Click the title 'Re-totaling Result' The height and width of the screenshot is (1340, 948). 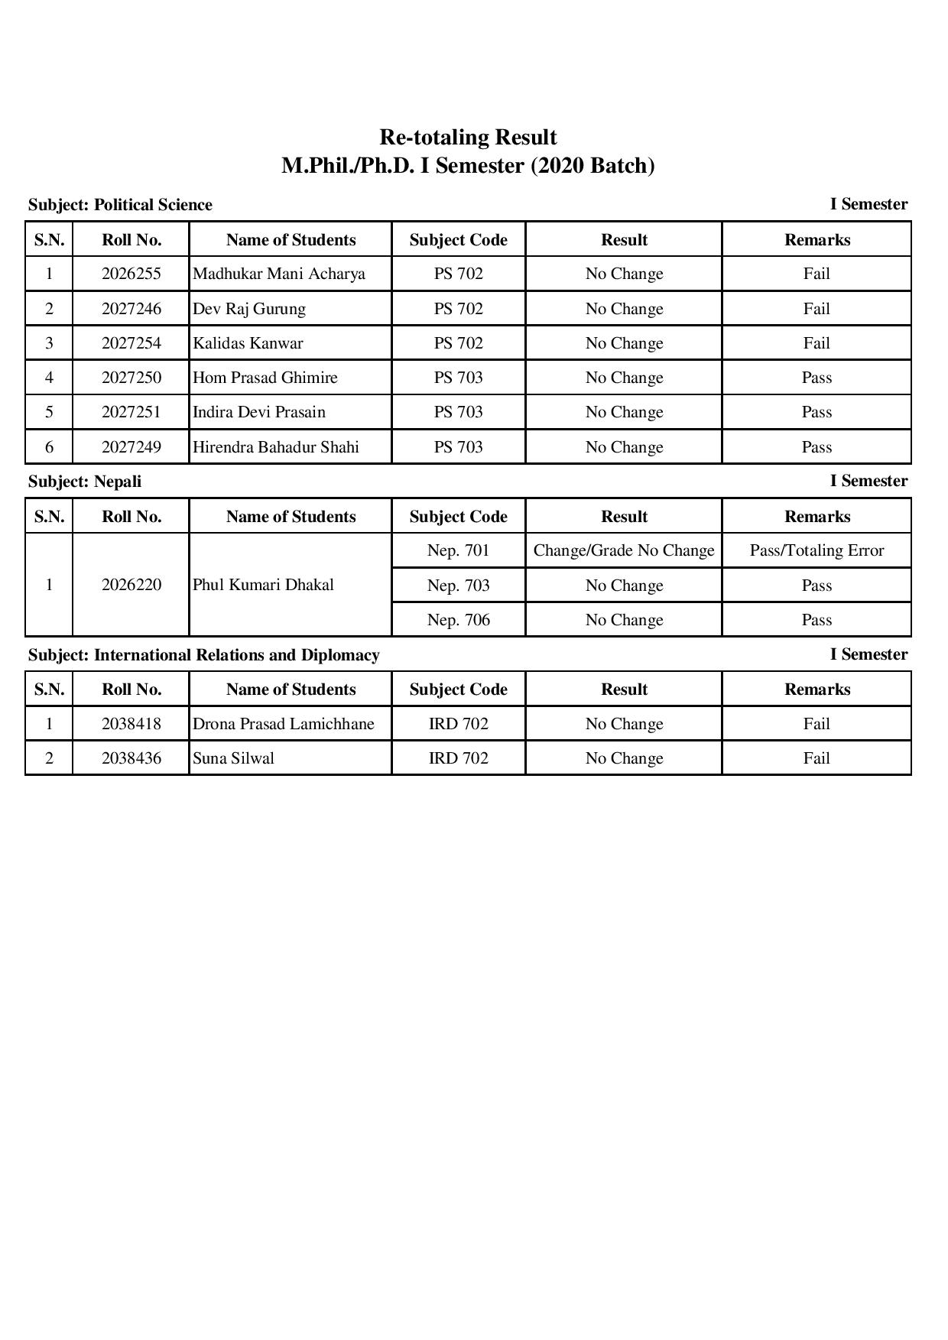point(468,138)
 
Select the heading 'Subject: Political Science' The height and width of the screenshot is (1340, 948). point(120,205)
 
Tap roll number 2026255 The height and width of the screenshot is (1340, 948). point(131,274)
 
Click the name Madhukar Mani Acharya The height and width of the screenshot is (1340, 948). point(278,274)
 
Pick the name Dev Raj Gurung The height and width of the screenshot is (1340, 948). point(249,309)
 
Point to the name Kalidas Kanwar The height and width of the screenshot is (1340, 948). point(248,343)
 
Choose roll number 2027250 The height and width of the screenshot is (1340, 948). point(131,378)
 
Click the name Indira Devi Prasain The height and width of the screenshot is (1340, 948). point(259,412)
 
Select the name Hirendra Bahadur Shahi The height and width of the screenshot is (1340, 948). point(276,447)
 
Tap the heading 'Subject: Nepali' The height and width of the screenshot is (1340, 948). point(85,482)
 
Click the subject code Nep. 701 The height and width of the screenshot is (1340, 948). point(458,550)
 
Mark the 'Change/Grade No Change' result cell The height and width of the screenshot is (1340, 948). point(624,550)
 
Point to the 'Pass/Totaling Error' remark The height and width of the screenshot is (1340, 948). point(817,550)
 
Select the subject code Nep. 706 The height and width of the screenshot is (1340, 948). point(458,620)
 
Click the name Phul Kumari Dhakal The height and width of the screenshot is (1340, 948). point(263,585)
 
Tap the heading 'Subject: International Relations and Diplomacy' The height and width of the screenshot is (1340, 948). point(204,655)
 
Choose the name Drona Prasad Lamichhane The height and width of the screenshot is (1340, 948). point(284,724)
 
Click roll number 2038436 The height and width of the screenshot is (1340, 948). point(131,758)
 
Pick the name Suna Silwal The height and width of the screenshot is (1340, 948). point(233,758)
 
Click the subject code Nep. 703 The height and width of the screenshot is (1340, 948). point(458,586)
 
